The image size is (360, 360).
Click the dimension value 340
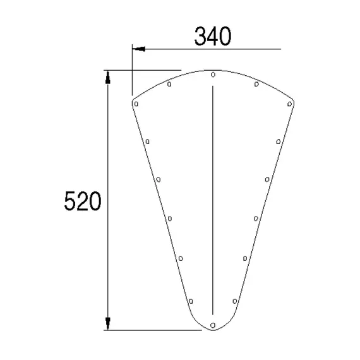tap(212, 37)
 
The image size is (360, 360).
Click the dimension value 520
tap(83, 202)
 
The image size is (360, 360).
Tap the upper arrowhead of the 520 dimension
tap(108, 77)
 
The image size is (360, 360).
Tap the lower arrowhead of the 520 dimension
tap(108, 322)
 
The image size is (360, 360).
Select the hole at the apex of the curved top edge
tap(213, 75)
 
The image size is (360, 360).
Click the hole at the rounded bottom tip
tap(213, 325)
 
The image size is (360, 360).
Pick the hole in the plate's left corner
tap(136, 103)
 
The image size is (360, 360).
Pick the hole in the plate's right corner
tap(290, 103)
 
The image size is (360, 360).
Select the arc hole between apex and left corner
tap(170, 83)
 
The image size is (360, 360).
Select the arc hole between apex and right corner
tap(256, 83)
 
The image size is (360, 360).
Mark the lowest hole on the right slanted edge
tap(234, 301)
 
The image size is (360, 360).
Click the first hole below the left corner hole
tap(147, 141)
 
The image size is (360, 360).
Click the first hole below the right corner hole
tap(279, 141)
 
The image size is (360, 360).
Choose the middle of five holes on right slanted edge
tap(256, 219)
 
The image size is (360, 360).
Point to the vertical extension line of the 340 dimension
tap(133, 73)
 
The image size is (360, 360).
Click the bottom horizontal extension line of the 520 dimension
tap(152, 330)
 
